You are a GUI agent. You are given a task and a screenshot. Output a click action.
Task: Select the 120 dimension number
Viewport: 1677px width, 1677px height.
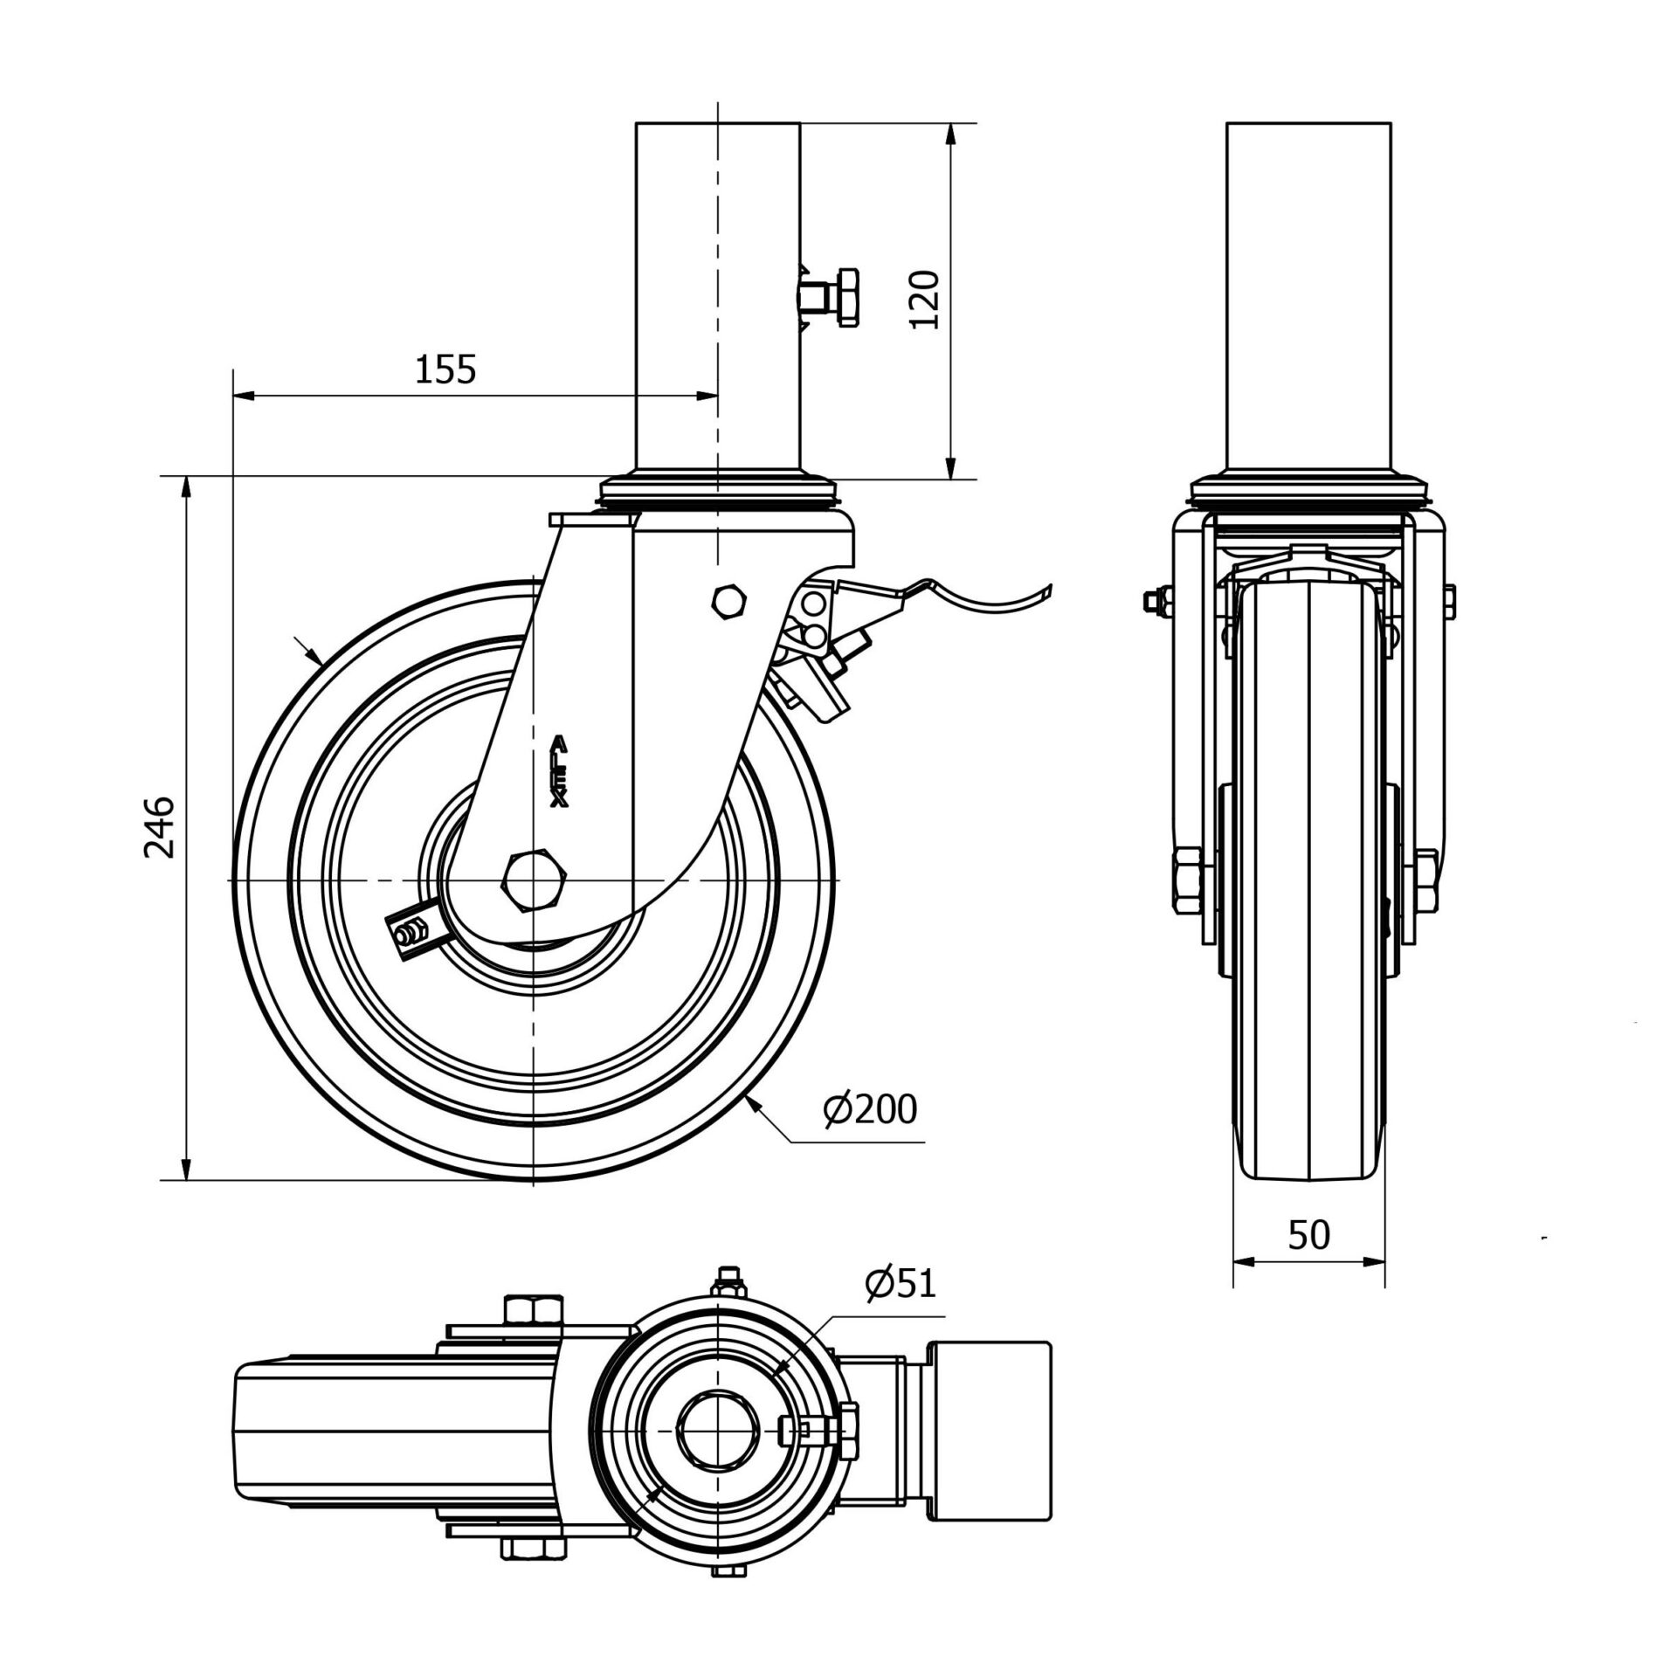tap(924, 300)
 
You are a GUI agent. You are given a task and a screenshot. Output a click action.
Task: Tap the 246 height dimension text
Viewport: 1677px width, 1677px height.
tap(160, 826)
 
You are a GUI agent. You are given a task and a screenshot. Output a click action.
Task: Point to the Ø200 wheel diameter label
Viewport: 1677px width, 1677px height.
tap(870, 1109)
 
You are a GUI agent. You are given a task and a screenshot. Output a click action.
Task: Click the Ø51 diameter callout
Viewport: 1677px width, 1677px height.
tap(900, 1283)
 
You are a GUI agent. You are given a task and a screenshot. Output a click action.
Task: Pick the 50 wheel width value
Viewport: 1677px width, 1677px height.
tap(1308, 1235)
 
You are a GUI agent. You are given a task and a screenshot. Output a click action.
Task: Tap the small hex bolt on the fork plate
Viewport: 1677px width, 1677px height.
tap(730, 600)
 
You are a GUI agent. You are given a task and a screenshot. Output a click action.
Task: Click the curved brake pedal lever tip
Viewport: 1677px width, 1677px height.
tap(1039, 593)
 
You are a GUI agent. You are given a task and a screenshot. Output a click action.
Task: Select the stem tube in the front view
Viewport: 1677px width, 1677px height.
tap(1308, 297)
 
